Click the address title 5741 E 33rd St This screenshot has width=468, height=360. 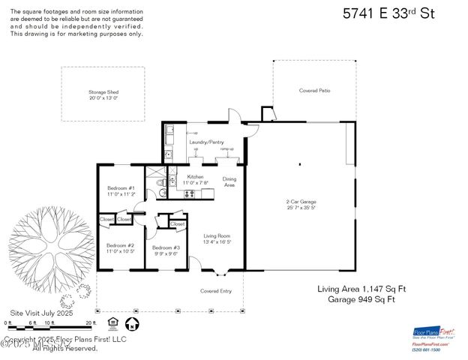(x=388, y=13)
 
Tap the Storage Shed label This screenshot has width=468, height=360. (x=103, y=94)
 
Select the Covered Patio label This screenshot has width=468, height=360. (x=314, y=90)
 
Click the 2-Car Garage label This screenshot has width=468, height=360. (x=300, y=204)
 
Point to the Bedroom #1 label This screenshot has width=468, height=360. (x=121, y=190)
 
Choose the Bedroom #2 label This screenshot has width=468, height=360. (x=120, y=247)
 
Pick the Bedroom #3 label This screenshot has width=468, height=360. (x=166, y=250)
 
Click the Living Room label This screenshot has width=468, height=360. (x=217, y=238)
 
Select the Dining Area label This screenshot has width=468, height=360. (x=229, y=181)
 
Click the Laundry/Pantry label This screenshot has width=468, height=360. (x=206, y=142)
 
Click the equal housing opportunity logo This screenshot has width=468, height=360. (x=113, y=323)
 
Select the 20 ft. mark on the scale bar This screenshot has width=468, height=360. (x=91, y=322)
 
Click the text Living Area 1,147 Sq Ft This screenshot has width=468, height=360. (x=361, y=288)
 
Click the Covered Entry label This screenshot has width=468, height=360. (x=215, y=290)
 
